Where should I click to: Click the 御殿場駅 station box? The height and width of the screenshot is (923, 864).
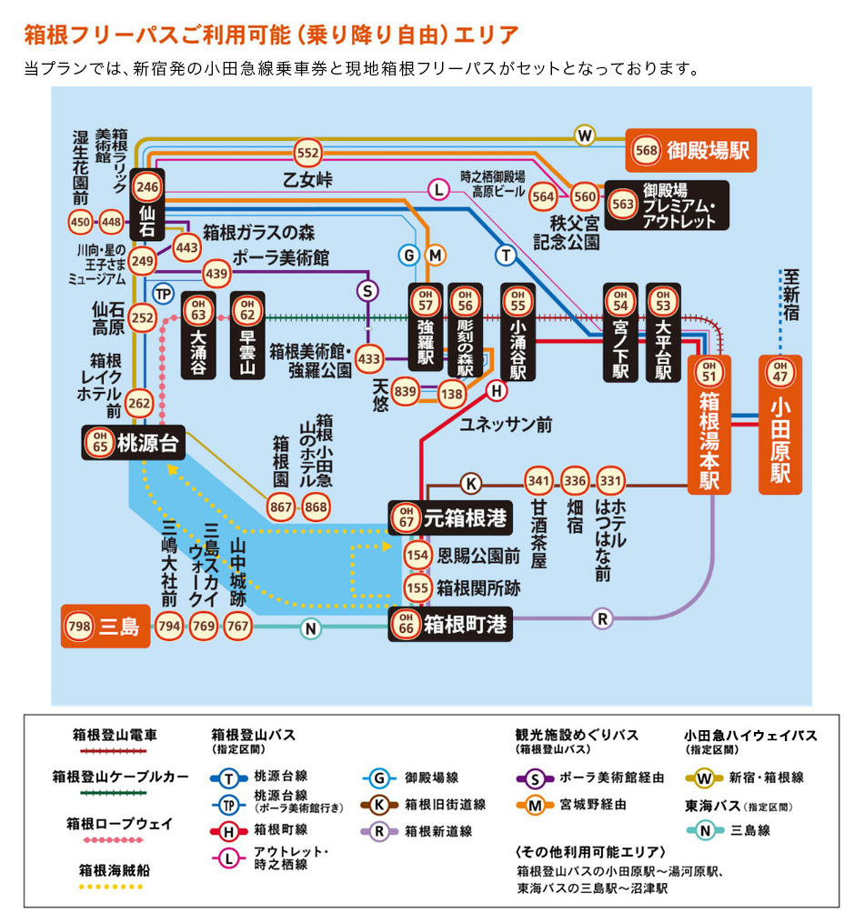pos(691,150)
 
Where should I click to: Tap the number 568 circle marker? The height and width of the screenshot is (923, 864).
pos(647,151)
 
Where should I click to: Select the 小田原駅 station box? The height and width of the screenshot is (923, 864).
pos(780,424)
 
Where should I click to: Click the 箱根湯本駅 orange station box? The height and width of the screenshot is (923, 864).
pos(709,424)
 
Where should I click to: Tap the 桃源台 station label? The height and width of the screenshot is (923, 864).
pos(133,442)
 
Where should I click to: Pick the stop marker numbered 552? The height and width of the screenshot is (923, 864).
pos(308,153)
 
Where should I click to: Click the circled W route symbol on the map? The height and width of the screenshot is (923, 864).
pos(585,135)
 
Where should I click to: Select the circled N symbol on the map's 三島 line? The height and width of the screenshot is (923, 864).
pos(311,627)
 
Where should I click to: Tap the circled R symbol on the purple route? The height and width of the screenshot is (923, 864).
pos(600,618)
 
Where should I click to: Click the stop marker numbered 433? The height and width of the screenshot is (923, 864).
pos(369,359)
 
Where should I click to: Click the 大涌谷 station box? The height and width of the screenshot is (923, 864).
pos(198,335)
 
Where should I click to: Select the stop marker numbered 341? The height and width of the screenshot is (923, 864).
pos(539,480)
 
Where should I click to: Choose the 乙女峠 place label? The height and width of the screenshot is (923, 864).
pos(307,180)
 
